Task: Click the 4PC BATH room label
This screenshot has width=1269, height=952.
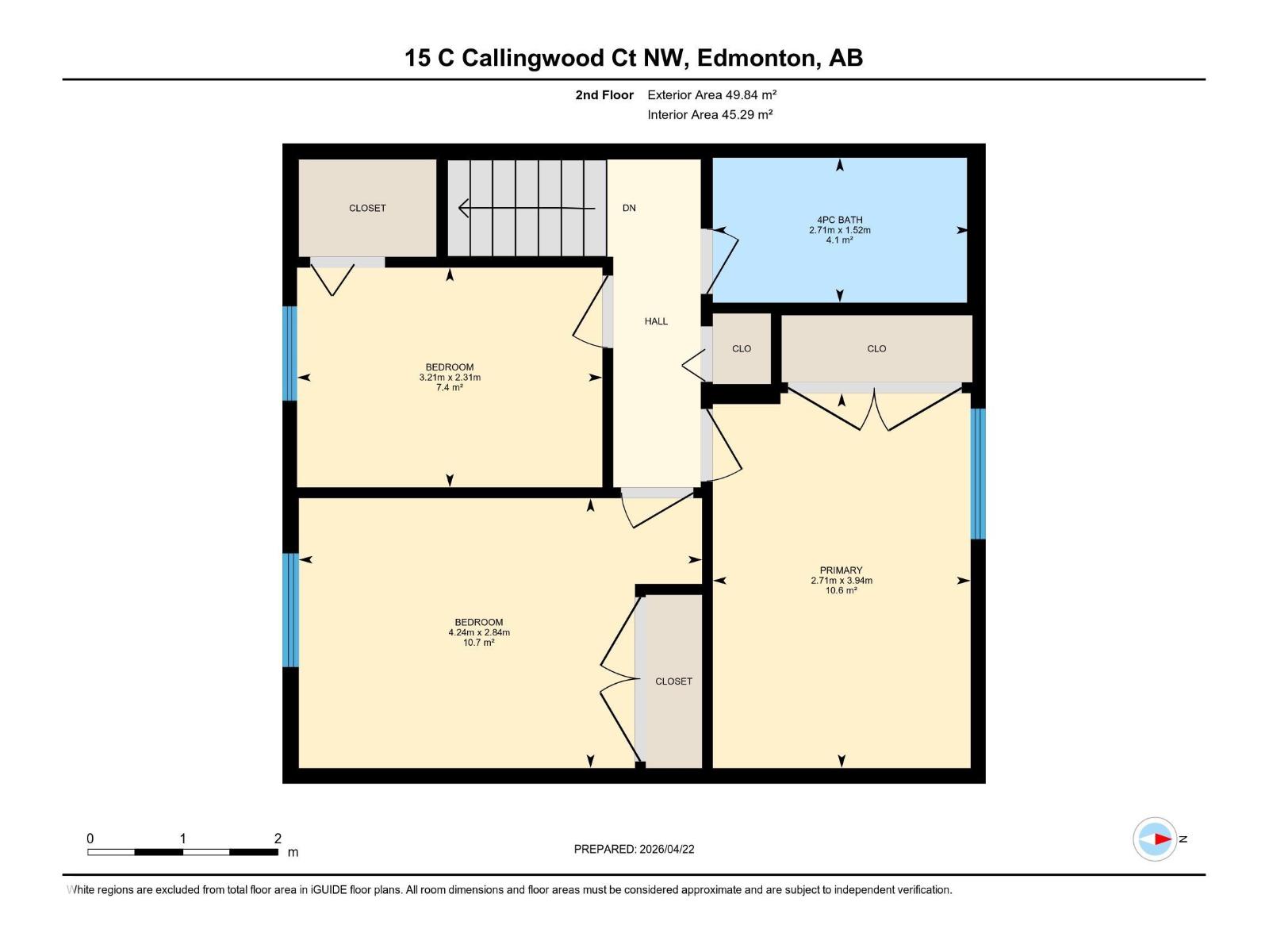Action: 839,220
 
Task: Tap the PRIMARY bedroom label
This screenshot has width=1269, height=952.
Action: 841,570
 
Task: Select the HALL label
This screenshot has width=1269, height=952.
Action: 656,321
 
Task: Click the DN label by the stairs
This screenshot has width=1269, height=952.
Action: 629,208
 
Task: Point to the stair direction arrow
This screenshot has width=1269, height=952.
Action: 526,209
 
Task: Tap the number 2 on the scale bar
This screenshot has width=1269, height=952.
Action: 278,838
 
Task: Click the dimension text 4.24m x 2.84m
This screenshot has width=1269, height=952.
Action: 479,632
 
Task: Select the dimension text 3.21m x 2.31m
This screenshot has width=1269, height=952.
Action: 450,377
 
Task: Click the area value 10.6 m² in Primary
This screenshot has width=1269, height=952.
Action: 841,590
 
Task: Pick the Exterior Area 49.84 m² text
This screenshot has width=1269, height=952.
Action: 711,94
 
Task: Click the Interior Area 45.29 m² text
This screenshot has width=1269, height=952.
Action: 710,114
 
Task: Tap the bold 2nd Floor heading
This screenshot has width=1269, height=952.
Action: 604,94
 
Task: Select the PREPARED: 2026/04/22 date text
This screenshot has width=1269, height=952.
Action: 634,849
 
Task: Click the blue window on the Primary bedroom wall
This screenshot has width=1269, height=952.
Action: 977,474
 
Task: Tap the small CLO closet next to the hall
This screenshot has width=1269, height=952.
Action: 742,348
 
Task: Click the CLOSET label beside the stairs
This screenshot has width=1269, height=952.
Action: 367,208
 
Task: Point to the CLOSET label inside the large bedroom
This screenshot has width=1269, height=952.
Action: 673,681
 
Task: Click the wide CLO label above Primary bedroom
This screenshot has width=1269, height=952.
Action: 876,348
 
